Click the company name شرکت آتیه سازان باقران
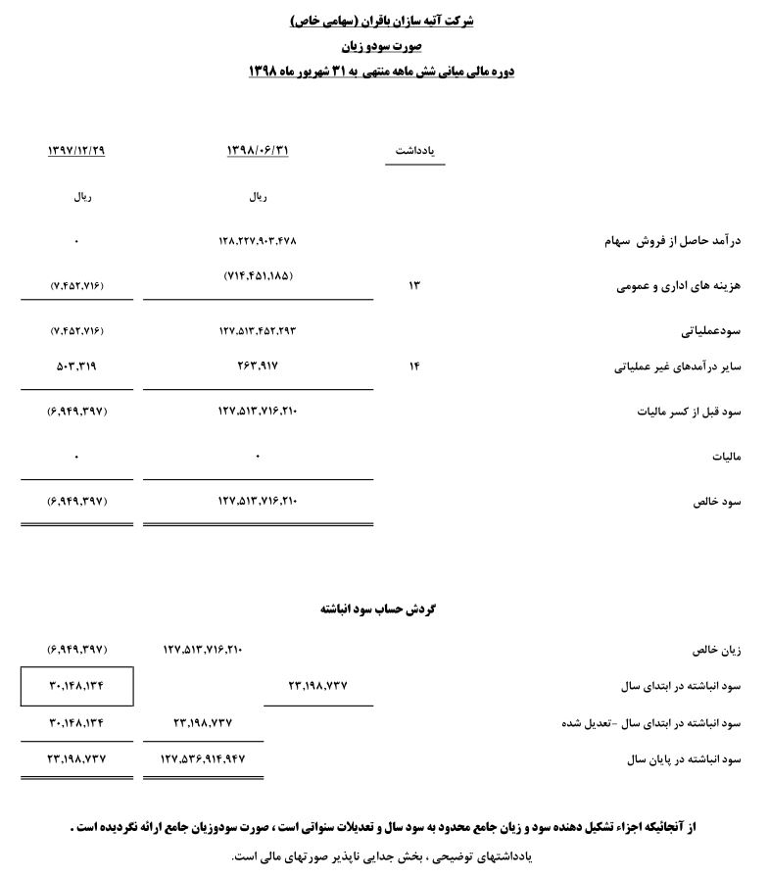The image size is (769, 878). coord(383,20)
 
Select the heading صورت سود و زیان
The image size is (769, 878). coord(382,45)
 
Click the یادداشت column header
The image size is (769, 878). coord(414,151)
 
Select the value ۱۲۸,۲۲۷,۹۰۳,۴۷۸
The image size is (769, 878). coord(258,240)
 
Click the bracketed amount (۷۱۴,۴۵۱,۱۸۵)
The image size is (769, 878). coord(258,276)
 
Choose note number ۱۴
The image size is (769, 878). coord(413,367)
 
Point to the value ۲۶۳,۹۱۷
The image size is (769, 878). coord(258,367)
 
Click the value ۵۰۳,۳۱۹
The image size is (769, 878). coord(76,367)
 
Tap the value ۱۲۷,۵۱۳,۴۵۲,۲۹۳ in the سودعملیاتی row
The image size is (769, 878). coord(258,331)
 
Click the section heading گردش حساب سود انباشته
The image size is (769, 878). coord(378,609)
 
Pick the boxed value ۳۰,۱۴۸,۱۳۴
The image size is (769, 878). coord(76,686)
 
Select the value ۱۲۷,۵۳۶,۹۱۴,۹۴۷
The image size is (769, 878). coord(204,758)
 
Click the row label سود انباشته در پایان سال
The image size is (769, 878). coord(675,759)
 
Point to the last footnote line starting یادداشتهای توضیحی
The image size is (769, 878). coord(381,856)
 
